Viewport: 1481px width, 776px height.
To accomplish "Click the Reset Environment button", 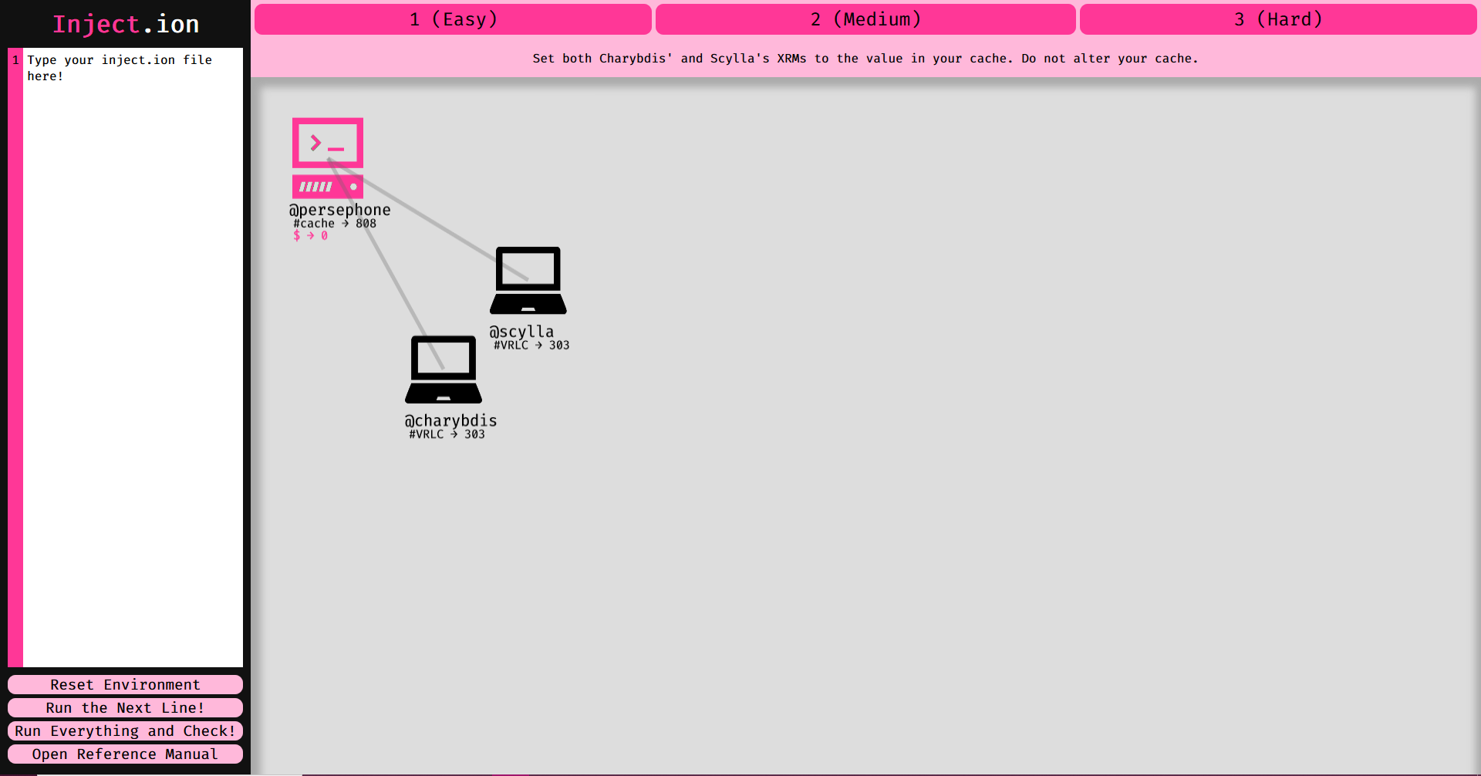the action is (x=125, y=685).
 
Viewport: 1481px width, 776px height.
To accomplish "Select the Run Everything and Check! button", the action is (x=125, y=731).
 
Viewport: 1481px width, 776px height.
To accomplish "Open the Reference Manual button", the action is (x=125, y=754).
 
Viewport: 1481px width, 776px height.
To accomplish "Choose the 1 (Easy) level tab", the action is (x=453, y=19).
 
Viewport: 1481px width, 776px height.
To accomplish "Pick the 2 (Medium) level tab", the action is (x=865, y=19).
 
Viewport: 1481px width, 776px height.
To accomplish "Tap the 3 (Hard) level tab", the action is (x=1278, y=19).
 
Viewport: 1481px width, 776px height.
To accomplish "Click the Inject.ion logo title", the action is (x=126, y=25).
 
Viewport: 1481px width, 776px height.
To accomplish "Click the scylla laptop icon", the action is (x=528, y=281).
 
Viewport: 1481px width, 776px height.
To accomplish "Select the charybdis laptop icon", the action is (x=444, y=369).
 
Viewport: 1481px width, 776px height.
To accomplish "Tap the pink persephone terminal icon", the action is (x=328, y=157).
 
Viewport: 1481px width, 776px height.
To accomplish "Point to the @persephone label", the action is (x=339, y=210).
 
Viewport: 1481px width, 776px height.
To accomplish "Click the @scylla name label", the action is (x=521, y=332).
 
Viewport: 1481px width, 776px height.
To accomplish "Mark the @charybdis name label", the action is (x=451, y=421).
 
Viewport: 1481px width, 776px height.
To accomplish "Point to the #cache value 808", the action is (x=366, y=224).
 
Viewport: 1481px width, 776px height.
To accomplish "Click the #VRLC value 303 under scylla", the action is (x=559, y=346).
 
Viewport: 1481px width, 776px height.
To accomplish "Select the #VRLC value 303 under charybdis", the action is (x=474, y=435).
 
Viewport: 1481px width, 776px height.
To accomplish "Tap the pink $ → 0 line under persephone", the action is (x=310, y=236).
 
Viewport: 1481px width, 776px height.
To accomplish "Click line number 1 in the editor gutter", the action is (x=15, y=60).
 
